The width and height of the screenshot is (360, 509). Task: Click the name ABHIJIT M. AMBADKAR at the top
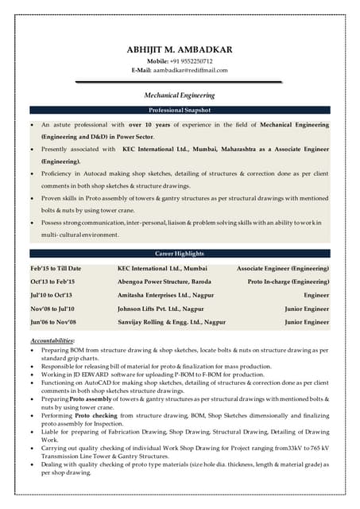pos(180,49)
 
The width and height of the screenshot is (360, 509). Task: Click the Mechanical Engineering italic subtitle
pos(180,95)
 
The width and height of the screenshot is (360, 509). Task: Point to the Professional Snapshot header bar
pos(180,110)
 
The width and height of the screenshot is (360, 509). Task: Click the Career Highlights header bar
pos(180,253)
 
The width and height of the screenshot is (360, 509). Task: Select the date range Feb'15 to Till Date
pos(56,269)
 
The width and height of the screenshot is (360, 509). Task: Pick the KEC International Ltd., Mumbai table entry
pos(162,269)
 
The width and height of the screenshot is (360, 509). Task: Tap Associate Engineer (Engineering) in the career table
pos(283,269)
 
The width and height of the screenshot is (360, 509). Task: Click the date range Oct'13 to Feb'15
pos(52,282)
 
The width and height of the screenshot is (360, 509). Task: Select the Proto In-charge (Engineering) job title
pos(288,282)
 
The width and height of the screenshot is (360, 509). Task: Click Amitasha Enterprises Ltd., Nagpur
pos(165,295)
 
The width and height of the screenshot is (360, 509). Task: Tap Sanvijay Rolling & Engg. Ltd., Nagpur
pos(170,322)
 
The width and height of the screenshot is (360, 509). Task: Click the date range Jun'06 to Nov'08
pos(53,322)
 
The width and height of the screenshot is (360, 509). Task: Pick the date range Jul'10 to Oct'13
pos(52,295)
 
